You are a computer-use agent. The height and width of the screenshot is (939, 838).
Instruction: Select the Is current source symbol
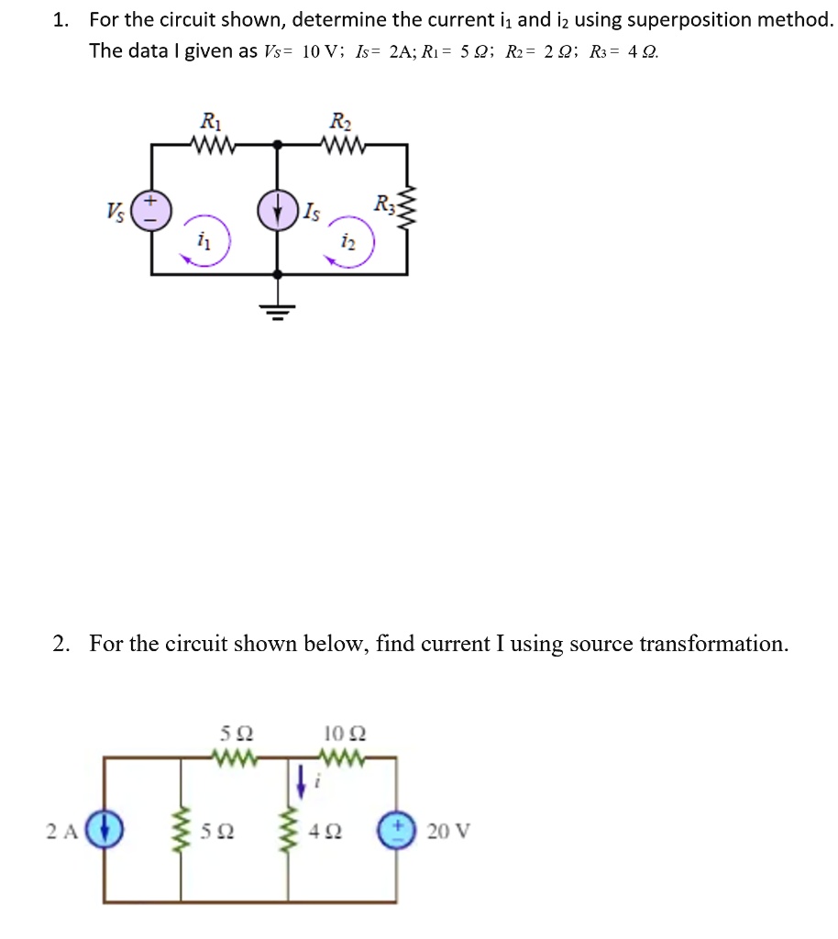pyautogui.click(x=279, y=209)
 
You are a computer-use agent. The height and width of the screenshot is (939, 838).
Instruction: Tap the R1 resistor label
pyautogui.click(x=210, y=120)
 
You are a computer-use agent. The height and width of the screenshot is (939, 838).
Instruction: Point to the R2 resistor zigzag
pyautogui.click(x=343, y=144)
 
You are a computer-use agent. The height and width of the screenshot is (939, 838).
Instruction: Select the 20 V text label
pyautogui.click(x=448, y=832)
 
